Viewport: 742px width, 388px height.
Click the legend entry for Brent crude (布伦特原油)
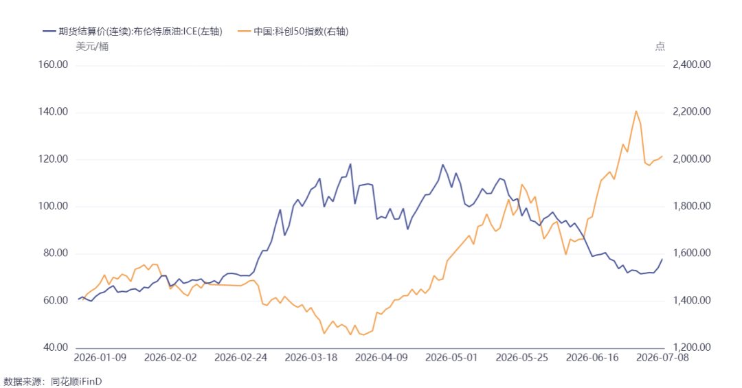(x=133, y=32)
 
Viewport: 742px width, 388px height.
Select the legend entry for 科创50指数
(x=293, y=32)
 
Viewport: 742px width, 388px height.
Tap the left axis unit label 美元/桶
(x=92, y=47)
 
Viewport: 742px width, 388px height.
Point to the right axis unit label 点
(x=660, y=47)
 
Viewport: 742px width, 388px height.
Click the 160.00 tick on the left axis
(x=53, y=65)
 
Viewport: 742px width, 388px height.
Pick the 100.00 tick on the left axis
(x=53, y=206)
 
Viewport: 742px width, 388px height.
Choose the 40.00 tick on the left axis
(x=56, y=347)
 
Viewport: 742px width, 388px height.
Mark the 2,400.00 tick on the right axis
(x=691, y=65)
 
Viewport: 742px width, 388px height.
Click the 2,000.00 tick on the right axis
(x=691, y=159)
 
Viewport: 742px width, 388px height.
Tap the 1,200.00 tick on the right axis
(x=691, y=347)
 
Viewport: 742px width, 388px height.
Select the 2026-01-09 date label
(x=100, y=358)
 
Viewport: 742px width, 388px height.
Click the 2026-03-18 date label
(x=311, y=358)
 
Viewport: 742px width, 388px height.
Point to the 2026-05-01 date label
(x=451, y=358)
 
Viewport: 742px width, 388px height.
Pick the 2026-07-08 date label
(x=662, y=358)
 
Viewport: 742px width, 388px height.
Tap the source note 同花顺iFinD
(x=76, y=381)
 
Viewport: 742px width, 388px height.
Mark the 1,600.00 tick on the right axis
(x=691, y=253)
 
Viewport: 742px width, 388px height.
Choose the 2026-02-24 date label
(x=241, y=358)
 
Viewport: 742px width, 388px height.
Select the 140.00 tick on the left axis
(x=53, y=112)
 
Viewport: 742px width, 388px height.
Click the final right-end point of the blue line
(x=662, y=259)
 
